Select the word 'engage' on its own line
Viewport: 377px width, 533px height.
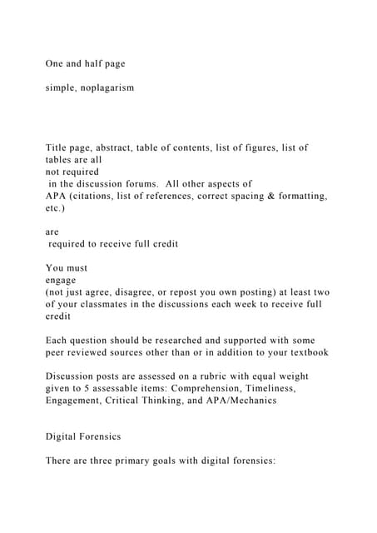[62, 281]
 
